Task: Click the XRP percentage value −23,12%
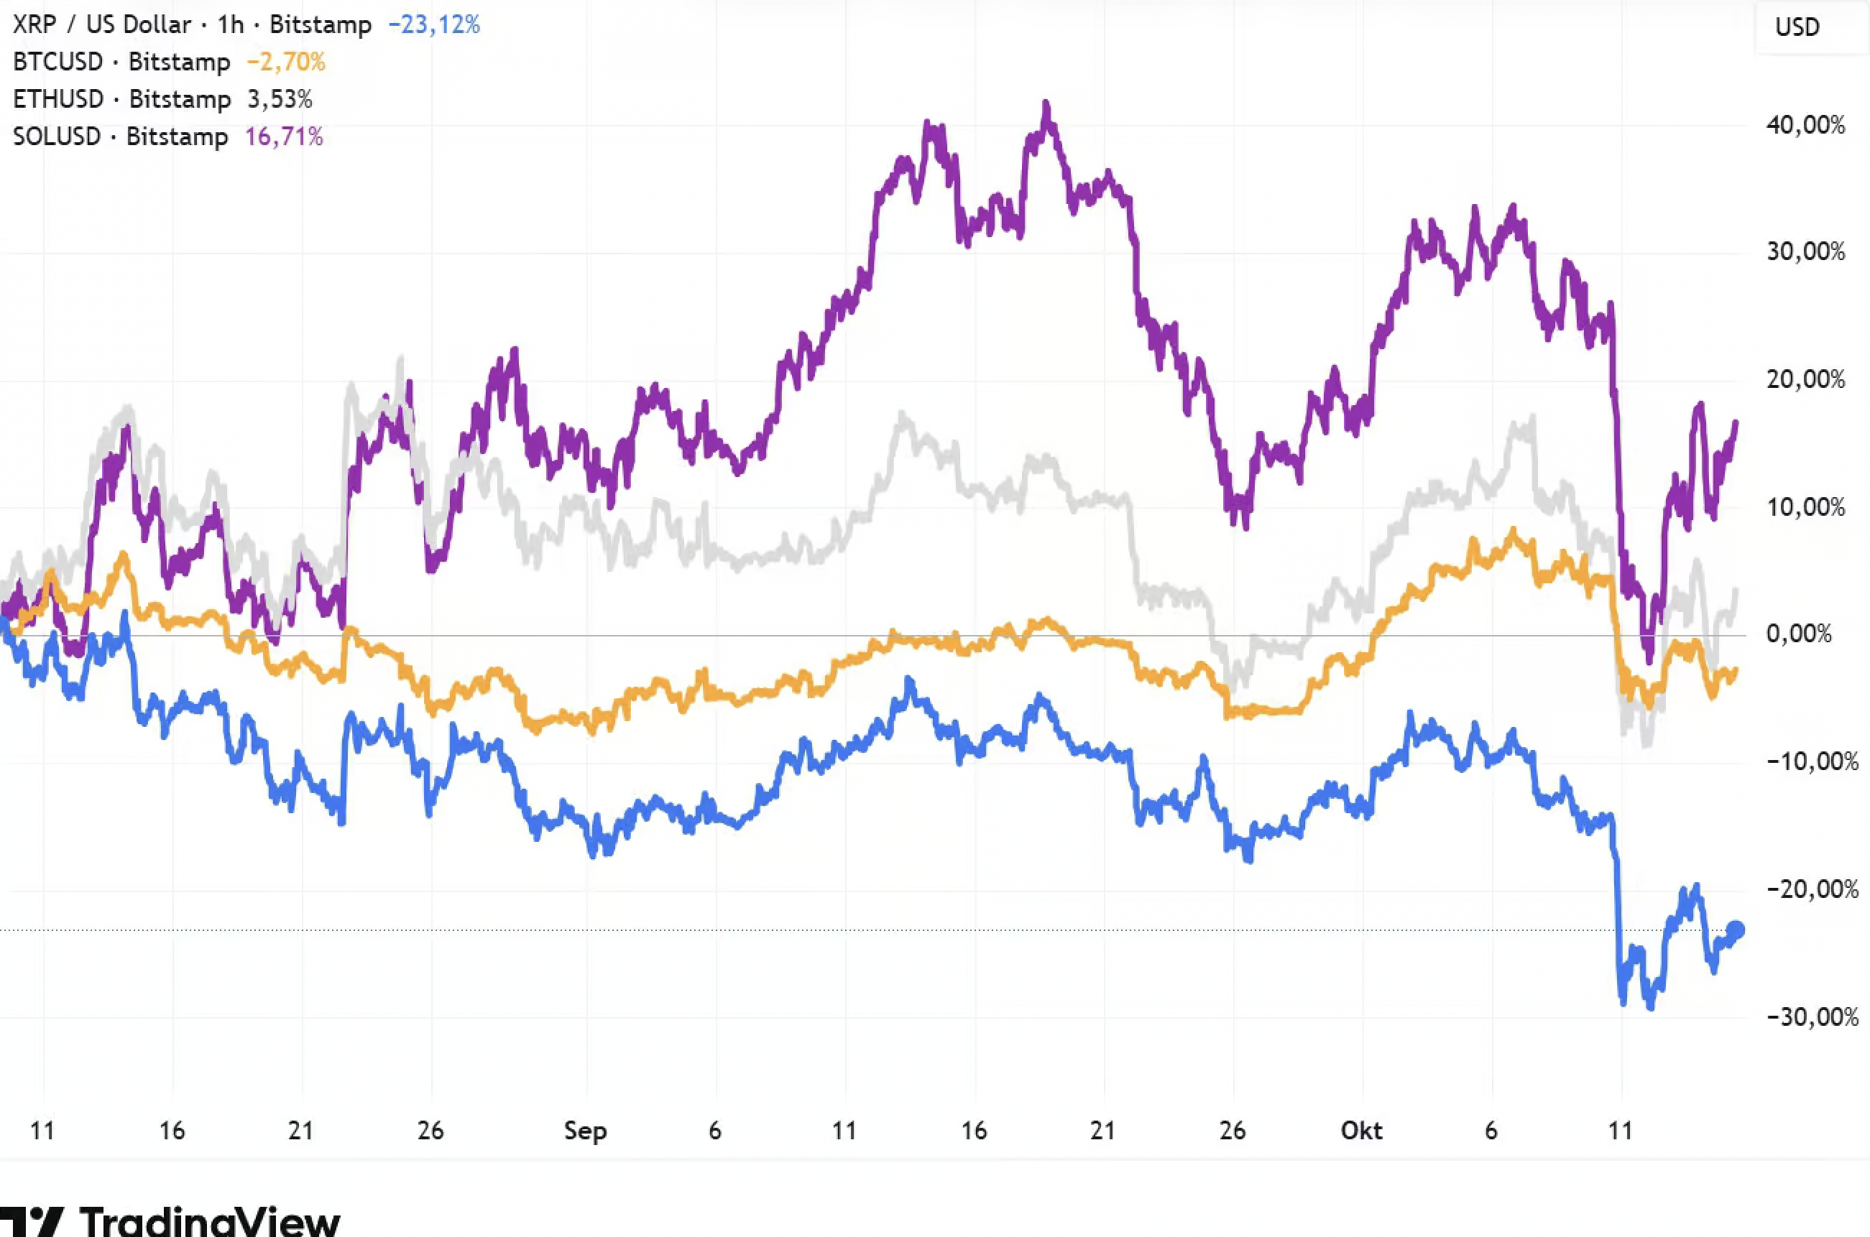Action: click(434, 24)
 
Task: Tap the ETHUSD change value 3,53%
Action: click(280, 99)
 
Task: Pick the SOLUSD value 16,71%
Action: click(284, 136)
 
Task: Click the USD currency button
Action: click(1797, 27)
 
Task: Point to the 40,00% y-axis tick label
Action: click(1806, 125)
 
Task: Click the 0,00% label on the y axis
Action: click(1799, 634)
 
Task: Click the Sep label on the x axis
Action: click(586, 1131)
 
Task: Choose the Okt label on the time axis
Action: click(1362, 1131)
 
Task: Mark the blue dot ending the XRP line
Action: click(1736, 930)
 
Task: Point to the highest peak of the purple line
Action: click(1046, 103)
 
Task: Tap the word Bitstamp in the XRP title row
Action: click(321, 24)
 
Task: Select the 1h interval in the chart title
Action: click(231, 24)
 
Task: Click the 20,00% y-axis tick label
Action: click(1806, 379)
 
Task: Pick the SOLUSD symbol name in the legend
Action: click(57, 136)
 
